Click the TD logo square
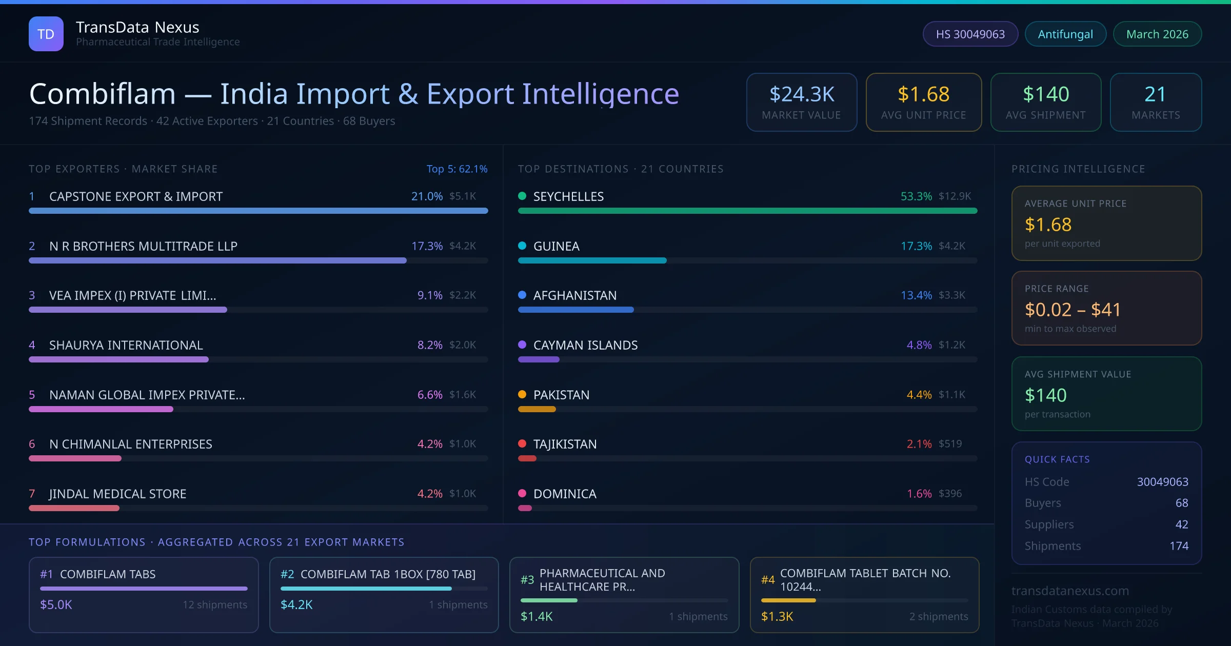[46, 34]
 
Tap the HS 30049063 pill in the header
[970, 34]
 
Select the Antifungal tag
[1065, 34]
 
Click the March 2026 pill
[1157, 34]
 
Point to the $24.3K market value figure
[802, 94]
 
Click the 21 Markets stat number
[1155, 94]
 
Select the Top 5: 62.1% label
[456, 169]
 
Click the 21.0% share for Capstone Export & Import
[427, 196]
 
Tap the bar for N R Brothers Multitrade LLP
[217, 260]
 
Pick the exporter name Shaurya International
[126, 345]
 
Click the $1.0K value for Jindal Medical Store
[463, 493]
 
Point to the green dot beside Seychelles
[522, 196]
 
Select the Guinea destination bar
[592, 260]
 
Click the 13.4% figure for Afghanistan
[916, 295]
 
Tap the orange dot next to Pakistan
[522, 394]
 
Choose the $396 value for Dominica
[950, 493]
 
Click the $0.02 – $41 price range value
[1073, 310]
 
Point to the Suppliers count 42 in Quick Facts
[1181, 524]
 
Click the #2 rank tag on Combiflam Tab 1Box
[287, 574]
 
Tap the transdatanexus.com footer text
[1070, 591]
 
